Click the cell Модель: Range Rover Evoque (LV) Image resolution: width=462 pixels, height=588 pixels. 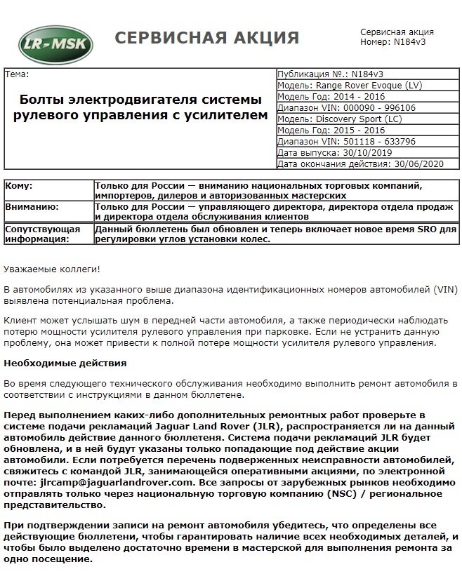coord(349,86)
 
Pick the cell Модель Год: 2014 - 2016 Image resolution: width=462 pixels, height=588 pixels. coord(332,97)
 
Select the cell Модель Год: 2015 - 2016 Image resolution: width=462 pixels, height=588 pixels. coord(332,131)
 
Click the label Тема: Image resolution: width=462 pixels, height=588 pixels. coord(18,74)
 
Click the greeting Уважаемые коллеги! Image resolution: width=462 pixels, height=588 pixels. coord(52,269)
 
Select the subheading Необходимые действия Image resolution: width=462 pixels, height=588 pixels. coord(65,363)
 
